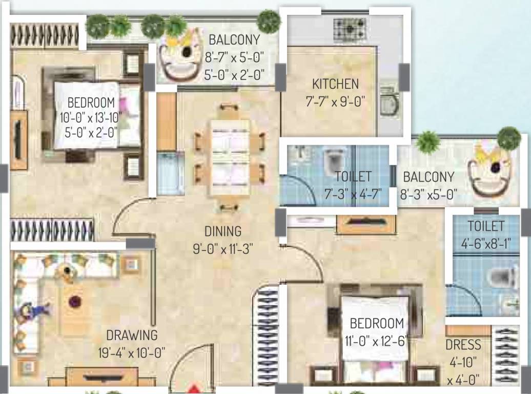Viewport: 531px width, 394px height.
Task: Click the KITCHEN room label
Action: pyautogui.click(x=335, y=84)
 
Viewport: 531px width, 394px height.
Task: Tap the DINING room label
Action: pyautogui.click(x=222, y=231)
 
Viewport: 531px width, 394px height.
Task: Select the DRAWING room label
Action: pyautogui.click(x=132, y=336)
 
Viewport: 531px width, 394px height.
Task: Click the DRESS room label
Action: pyautogui.click(x=463, y=344)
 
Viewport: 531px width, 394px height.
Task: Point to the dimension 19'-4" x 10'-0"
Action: pyautogui.click(x=132, y=353)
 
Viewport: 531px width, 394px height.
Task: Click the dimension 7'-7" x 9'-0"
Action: pyautogui.click(x=335, y=102)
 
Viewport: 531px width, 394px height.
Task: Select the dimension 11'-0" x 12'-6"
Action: pyautogui.click(x=377, y=341)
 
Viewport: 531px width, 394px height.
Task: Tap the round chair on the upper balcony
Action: pyautogui.click(x=180, y=55)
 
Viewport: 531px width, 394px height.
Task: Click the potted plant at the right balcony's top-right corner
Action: pyautogui.click(x=508, y=137)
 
